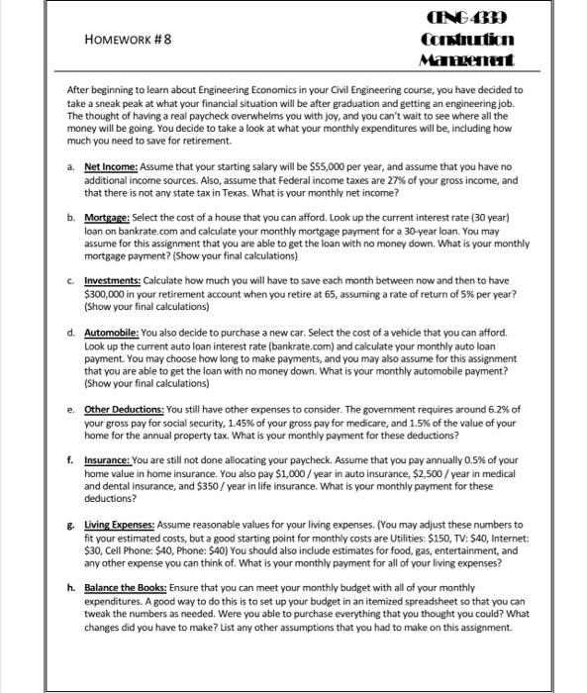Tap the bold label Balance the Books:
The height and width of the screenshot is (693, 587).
tap(129, 587)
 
